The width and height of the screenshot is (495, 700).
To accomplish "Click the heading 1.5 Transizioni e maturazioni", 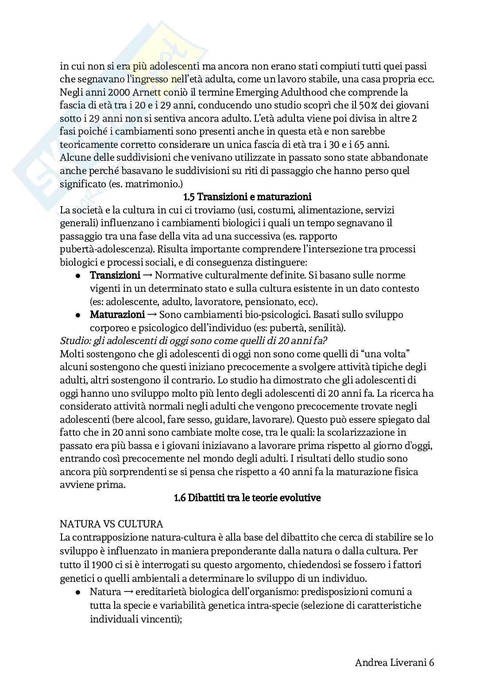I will click(247, 197).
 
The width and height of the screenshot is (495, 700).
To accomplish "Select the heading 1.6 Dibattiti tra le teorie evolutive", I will click(247, 498).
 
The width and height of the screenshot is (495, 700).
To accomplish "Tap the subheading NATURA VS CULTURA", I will click(111, 524).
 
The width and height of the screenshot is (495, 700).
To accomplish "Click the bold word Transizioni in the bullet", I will click(115, 275).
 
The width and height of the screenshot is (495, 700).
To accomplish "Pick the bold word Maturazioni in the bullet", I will click(117, 315).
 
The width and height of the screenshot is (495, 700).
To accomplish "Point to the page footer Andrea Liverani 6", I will click(394, 675).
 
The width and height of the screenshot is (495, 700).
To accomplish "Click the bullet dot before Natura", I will click(77, 592).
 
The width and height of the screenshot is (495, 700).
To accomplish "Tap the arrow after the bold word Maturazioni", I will click(151, 315).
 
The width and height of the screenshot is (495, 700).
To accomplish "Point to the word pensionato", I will click(271, 302).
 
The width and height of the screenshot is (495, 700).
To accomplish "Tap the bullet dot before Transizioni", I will click(77, 275).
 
